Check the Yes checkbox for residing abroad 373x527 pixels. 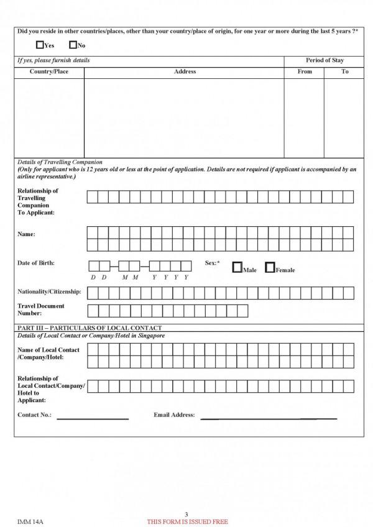pos(41,45)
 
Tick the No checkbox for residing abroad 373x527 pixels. pos(73,45)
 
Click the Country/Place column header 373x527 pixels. pos(49,71)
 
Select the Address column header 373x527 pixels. pos(185,71)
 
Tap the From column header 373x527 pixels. pos(305,71)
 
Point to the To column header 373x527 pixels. pos(344,71)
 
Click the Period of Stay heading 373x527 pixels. pos(324,60)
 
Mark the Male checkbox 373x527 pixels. pos(237,268)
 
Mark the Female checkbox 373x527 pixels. pos(270,268)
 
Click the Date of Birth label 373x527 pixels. pos(36,263)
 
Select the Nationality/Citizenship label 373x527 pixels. pos(49,291)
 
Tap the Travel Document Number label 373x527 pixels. pos(41,309)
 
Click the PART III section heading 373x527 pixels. pos(90,328)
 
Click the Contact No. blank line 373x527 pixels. pos(93,418)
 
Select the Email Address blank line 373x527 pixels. pos(269,418)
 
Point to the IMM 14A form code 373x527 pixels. pos(29,520)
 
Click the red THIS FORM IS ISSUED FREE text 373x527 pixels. pos(186,521)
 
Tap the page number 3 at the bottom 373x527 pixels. pos(186,513)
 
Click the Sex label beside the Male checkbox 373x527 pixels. pos(212,263)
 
